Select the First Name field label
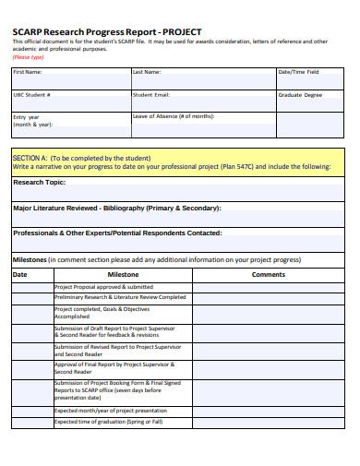point(28,71)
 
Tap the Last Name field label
point(147,71)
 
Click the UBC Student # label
point(32,94)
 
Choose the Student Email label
point(151,94)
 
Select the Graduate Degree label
point(299,94)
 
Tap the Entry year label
point(27,118)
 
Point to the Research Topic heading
point(42,183)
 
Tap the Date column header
point(20,274)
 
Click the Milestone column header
point(123,274)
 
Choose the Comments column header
point(269,274)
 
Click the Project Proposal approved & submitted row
point(103,287)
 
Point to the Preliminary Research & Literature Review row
point(120,298)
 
